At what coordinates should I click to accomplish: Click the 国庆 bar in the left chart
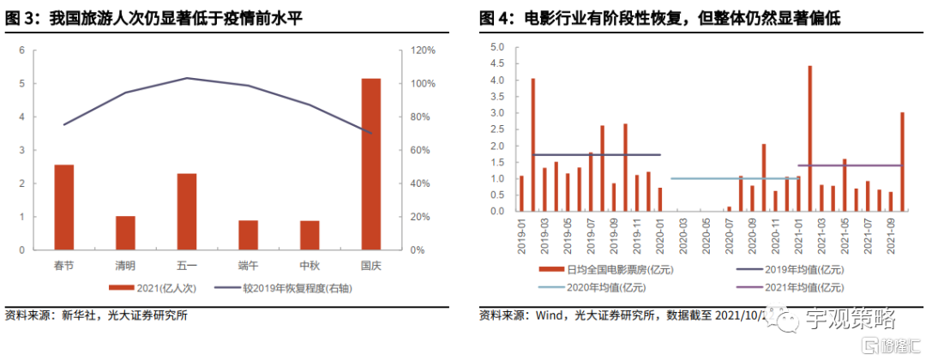(370, 165)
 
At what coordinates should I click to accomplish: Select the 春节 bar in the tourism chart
(63, 207)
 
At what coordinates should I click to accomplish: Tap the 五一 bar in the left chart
(187, 212)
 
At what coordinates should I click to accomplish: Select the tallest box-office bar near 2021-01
(809, 138)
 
